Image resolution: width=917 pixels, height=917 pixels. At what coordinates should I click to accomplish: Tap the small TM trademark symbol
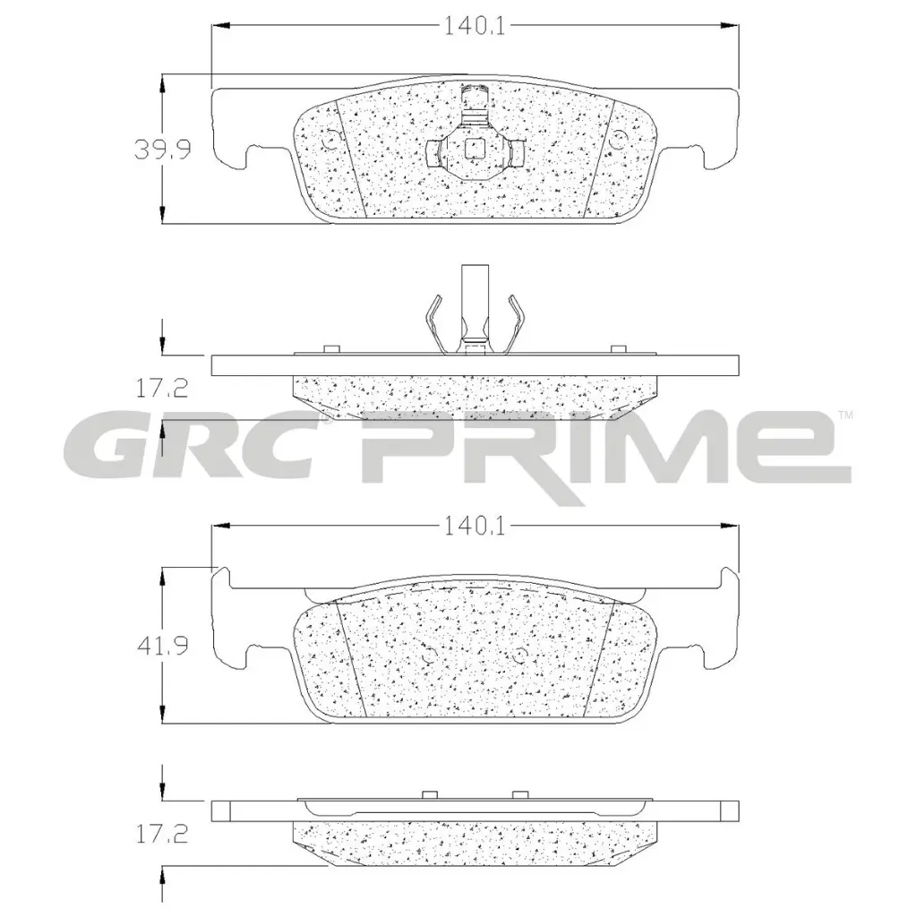[844, 416]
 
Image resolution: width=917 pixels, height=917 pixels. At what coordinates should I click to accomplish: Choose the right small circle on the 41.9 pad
[518, 653]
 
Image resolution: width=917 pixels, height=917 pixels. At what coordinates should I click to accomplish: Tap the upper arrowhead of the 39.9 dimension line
[161, 83]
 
